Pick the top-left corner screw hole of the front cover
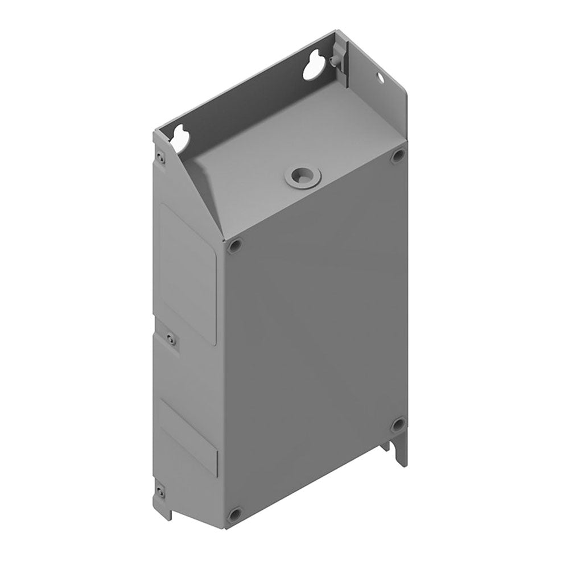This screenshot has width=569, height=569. point(234,246)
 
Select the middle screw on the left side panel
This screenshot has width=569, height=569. point(171,339)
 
